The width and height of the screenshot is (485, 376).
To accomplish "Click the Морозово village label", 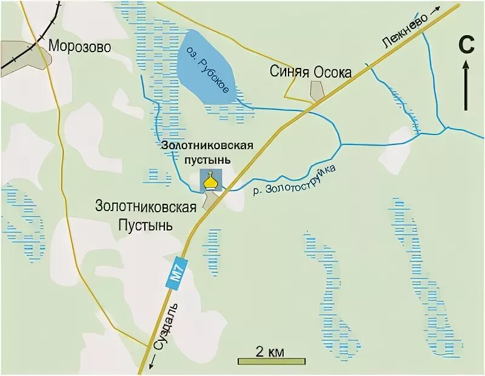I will (x=80, y=47).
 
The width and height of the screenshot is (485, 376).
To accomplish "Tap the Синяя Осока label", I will (x=310, y=72).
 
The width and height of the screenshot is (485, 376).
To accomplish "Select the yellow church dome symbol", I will (x=210, y=180).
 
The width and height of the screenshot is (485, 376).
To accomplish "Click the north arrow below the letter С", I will (x=466, y=85).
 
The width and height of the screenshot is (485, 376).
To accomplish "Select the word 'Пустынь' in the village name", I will (x=145, y=224).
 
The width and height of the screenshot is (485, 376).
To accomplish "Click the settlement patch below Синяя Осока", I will (x=316, y=90).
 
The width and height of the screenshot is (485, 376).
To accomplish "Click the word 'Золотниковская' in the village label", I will (x=145, y=206).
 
